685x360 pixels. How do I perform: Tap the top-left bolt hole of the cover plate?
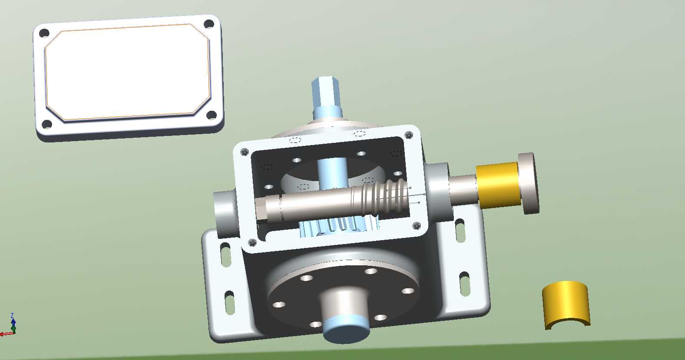(x=44, y=33)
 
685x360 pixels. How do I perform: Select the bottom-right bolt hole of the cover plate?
(x=212, y=115)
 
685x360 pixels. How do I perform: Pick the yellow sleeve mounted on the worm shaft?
(x=499, y=185)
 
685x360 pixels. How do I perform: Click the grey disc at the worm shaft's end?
(x=529, y=183)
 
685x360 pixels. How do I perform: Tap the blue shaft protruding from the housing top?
(x=326, y=97)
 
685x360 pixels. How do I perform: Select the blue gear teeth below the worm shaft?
(x=339, y=226)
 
